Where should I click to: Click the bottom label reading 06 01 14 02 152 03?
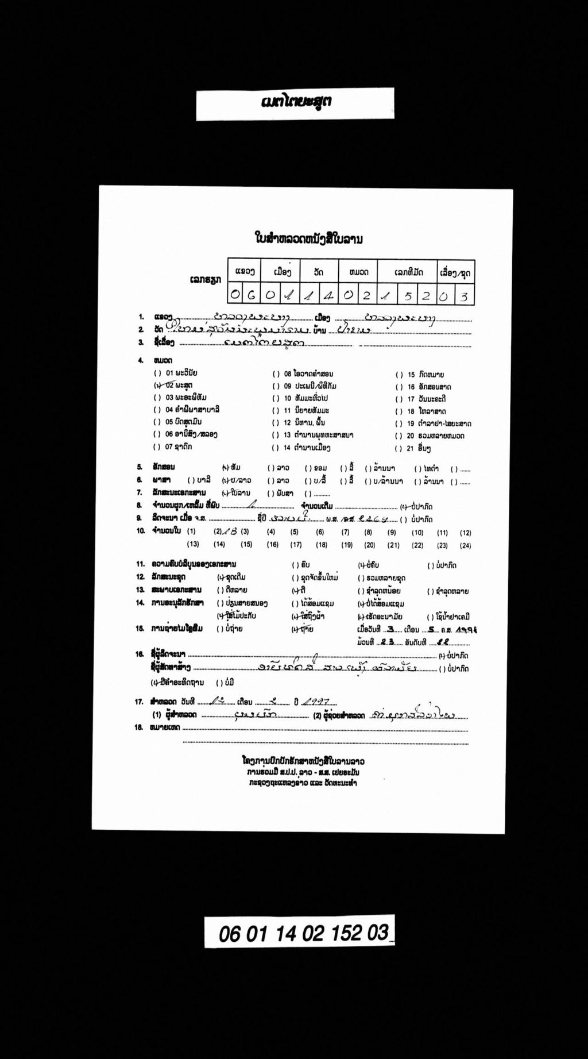(x=299, y=933)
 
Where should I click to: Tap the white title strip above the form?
(x=295, y=103)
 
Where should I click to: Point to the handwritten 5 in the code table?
(x=408, y=295)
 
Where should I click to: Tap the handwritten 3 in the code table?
(x=464, y=296)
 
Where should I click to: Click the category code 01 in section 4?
(x=169, y=373)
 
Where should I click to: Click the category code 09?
(x=288, y=386)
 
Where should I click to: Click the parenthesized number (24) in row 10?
(x=465, y=545)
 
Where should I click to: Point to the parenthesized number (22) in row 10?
(x=417, y=545)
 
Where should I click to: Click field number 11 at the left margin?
(x=140, y=564)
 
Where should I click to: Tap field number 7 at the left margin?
(x=140, y=492)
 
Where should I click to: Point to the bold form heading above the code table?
(x=308, y=238)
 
